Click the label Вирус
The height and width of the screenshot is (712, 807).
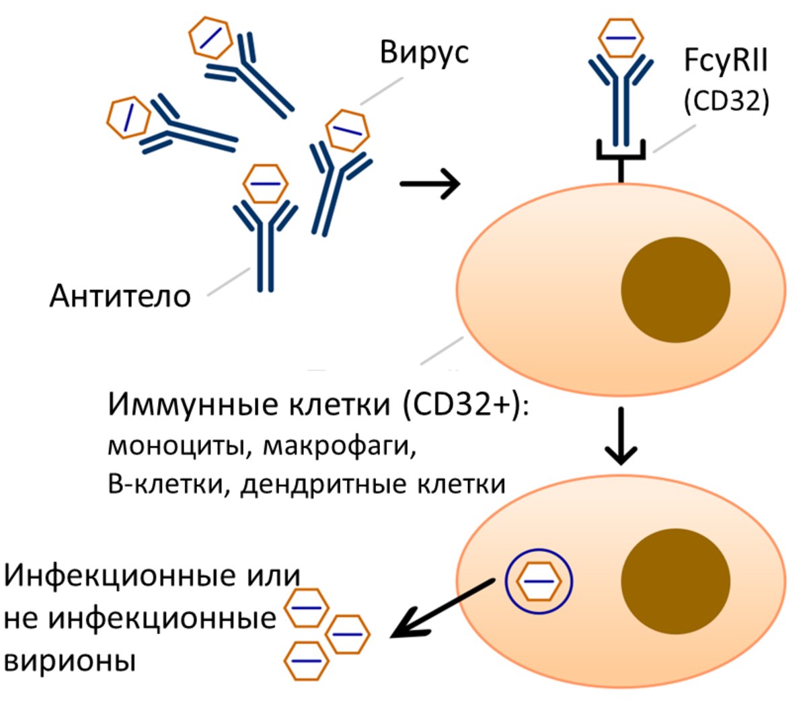click(x=424, y=53)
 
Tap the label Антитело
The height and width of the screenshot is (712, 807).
click(x=120, y=296)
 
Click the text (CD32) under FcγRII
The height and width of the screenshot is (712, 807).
click(x=726, y=101)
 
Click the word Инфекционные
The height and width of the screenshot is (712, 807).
click(x=120, y=576)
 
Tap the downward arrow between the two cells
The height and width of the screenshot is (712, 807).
click(x=621, y=436)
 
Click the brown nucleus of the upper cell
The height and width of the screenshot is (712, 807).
click(x=675, y=290)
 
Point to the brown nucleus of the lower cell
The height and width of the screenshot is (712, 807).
click(x=675, y=582)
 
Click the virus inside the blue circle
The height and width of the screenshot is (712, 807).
click(x=539, y=582)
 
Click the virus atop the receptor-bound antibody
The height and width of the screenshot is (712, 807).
click(x=621, y=38)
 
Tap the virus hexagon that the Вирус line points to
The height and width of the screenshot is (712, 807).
click(x=347, y=130)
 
